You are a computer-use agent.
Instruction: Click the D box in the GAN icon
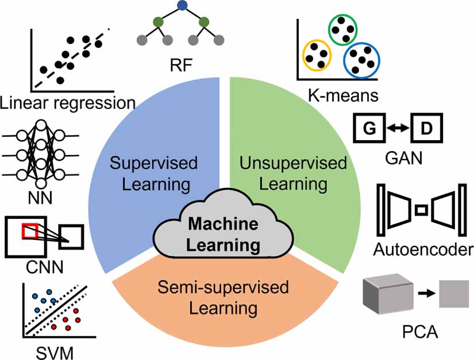tap(425, 129)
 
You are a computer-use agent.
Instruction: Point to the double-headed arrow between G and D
tap(398, 130)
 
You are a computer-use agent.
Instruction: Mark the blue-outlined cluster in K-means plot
tap(361, 58)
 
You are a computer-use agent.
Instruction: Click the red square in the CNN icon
tap(29, 231)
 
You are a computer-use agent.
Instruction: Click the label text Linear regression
tap(68, 103)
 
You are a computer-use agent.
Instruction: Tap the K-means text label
tap(342, 93)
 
